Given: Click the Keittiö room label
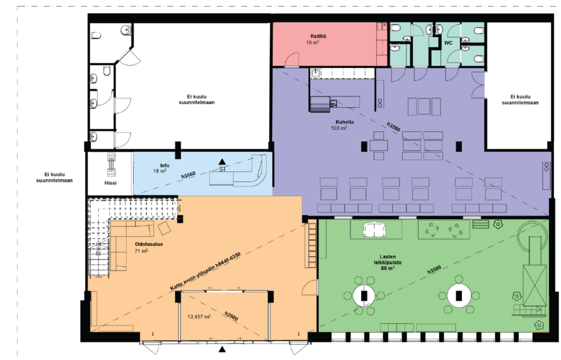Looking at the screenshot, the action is tap(318, 36).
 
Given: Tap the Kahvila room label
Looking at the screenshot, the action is tap(345, 122).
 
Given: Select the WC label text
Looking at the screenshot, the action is tap(448, 43).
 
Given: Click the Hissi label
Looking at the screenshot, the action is tap(111, 183).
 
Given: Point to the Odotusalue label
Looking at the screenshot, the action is tap(149, 244).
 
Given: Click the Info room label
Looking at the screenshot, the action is tap(164, 165).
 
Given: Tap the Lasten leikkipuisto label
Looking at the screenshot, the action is tap(388, 259).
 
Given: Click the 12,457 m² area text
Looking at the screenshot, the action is tap(199, 317).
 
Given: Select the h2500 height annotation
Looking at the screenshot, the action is tap(231, 316).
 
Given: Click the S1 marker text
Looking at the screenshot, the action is tap(222, 169).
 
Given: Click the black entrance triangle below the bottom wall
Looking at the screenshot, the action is tap(222, 349).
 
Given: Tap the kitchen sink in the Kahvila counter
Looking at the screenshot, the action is tap(315, 73).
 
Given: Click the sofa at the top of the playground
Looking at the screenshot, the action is tap(374, 230).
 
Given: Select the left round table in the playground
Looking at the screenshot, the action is tap(364, 295).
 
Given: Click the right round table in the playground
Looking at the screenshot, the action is tap(459, 295).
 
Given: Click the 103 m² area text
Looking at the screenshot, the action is tap(339, 128).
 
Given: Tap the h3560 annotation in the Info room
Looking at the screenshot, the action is tap(188, 175).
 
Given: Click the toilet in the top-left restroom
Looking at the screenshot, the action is tap(96, 36).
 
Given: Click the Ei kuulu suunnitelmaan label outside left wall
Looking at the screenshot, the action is tap(54, 178).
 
